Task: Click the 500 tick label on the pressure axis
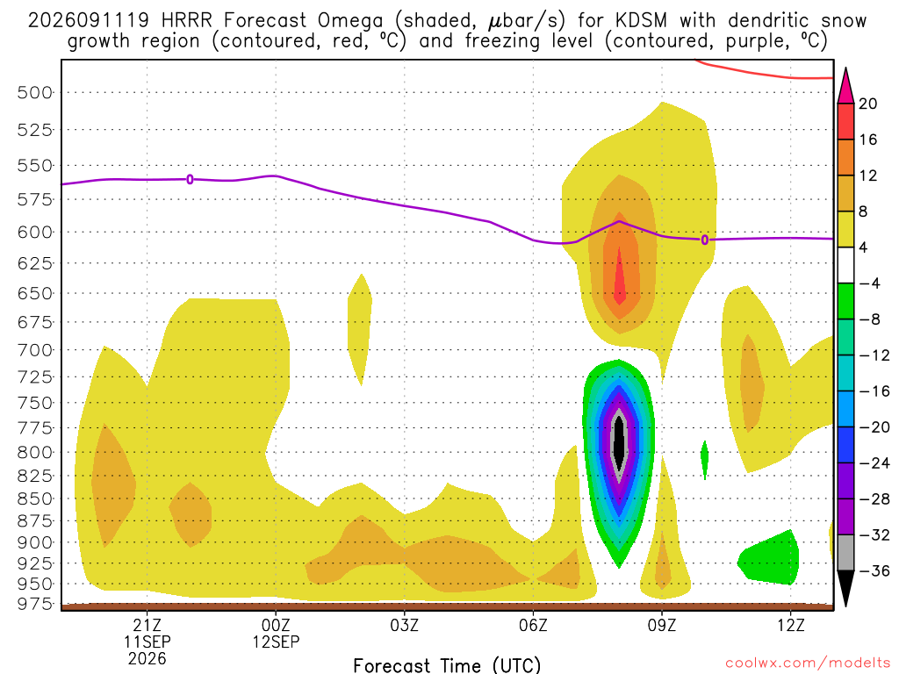pyautogui.click(x=35, y=92)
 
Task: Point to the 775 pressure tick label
pyautogui.click(x=35, y=428)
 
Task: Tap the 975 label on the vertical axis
pyautogui.click(x=35, y=604)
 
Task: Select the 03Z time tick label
pyautogui.click(x=404, y=625)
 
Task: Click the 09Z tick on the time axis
pyautogui.click(x=662, y=625)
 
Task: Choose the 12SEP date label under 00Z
pyautogui.click(x=276, y=642)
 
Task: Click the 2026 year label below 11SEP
pyautogui.click(x=147, y=659)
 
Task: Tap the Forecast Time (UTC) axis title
pyautogui.click(x=447, y=665)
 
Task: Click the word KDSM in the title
pyautogui.click(x=642, y=21)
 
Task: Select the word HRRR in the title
pyautogui.click(x=187, y=21)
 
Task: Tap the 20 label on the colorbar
pyautogui.click(x=868, y=104)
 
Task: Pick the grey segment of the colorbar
pyautogui.click(x=845, y=553)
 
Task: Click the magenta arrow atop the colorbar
pyautogui.click(x=845, y=87)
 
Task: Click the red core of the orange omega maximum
pyautogui.click(x=619, y=278)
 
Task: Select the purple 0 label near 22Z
pyautogui.click(x=190, y=179)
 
